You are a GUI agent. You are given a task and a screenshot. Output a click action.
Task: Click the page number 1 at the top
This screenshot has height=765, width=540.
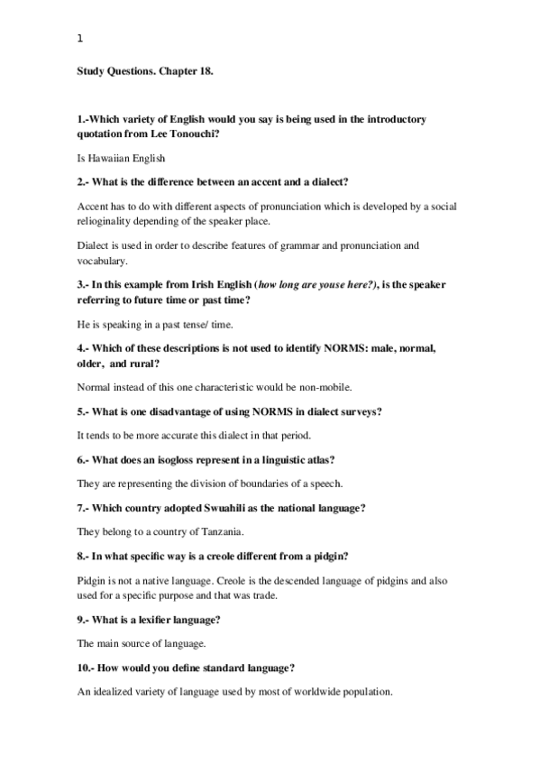point(80,39)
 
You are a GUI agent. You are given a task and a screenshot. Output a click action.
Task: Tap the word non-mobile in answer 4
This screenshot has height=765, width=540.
point(326,387)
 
